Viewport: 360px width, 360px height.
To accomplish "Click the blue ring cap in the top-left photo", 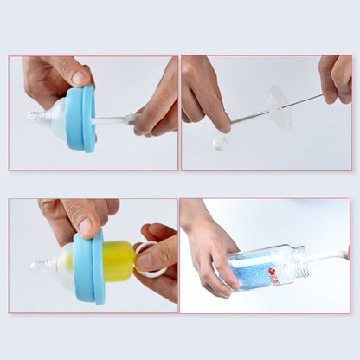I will tap(80, 118).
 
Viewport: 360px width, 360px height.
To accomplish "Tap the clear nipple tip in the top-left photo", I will tap(37, 116).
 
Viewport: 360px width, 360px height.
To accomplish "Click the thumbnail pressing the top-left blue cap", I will tap(80, 78).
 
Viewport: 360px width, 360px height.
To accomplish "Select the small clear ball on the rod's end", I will tap(219, 142).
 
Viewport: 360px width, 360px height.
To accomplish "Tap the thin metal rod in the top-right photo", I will tap(251, 116).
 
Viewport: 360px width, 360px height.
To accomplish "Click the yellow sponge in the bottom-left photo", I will tap(119, 261).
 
